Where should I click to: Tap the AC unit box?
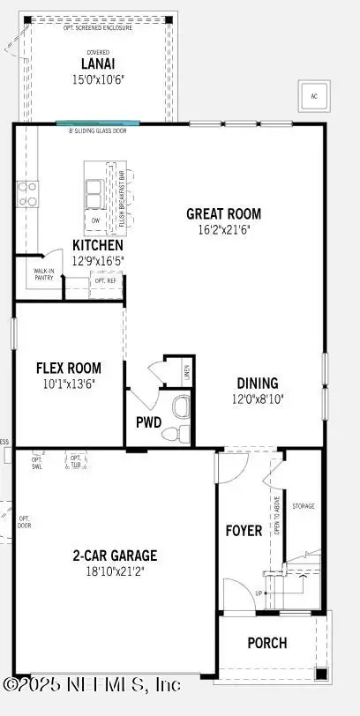[x=312, y=96]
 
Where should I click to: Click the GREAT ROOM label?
[x=223, y=213]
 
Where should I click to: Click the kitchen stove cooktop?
[x=26, y=194]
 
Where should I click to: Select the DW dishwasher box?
[x=95, y=220]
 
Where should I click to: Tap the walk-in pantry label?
[x=43, y=275]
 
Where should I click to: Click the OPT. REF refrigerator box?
[x=105, y=281]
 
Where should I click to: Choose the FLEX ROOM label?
[x=68, y=368]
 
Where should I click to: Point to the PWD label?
[x=148, y=422]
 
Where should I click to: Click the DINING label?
[x=258, y=383]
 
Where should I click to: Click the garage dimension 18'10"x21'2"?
[x=115, y=571]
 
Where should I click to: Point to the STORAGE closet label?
[x=304, y=506]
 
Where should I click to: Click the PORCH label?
[x=266, y=642]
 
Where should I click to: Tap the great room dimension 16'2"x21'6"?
[x=223, y=229]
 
